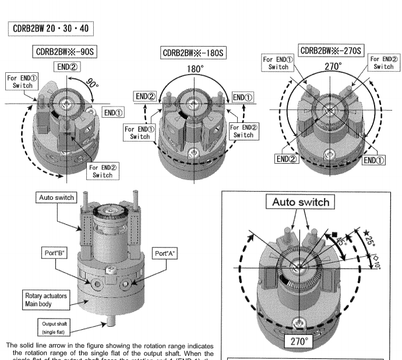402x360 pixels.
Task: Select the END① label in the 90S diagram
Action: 115,111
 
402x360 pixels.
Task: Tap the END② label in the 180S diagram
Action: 146,97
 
